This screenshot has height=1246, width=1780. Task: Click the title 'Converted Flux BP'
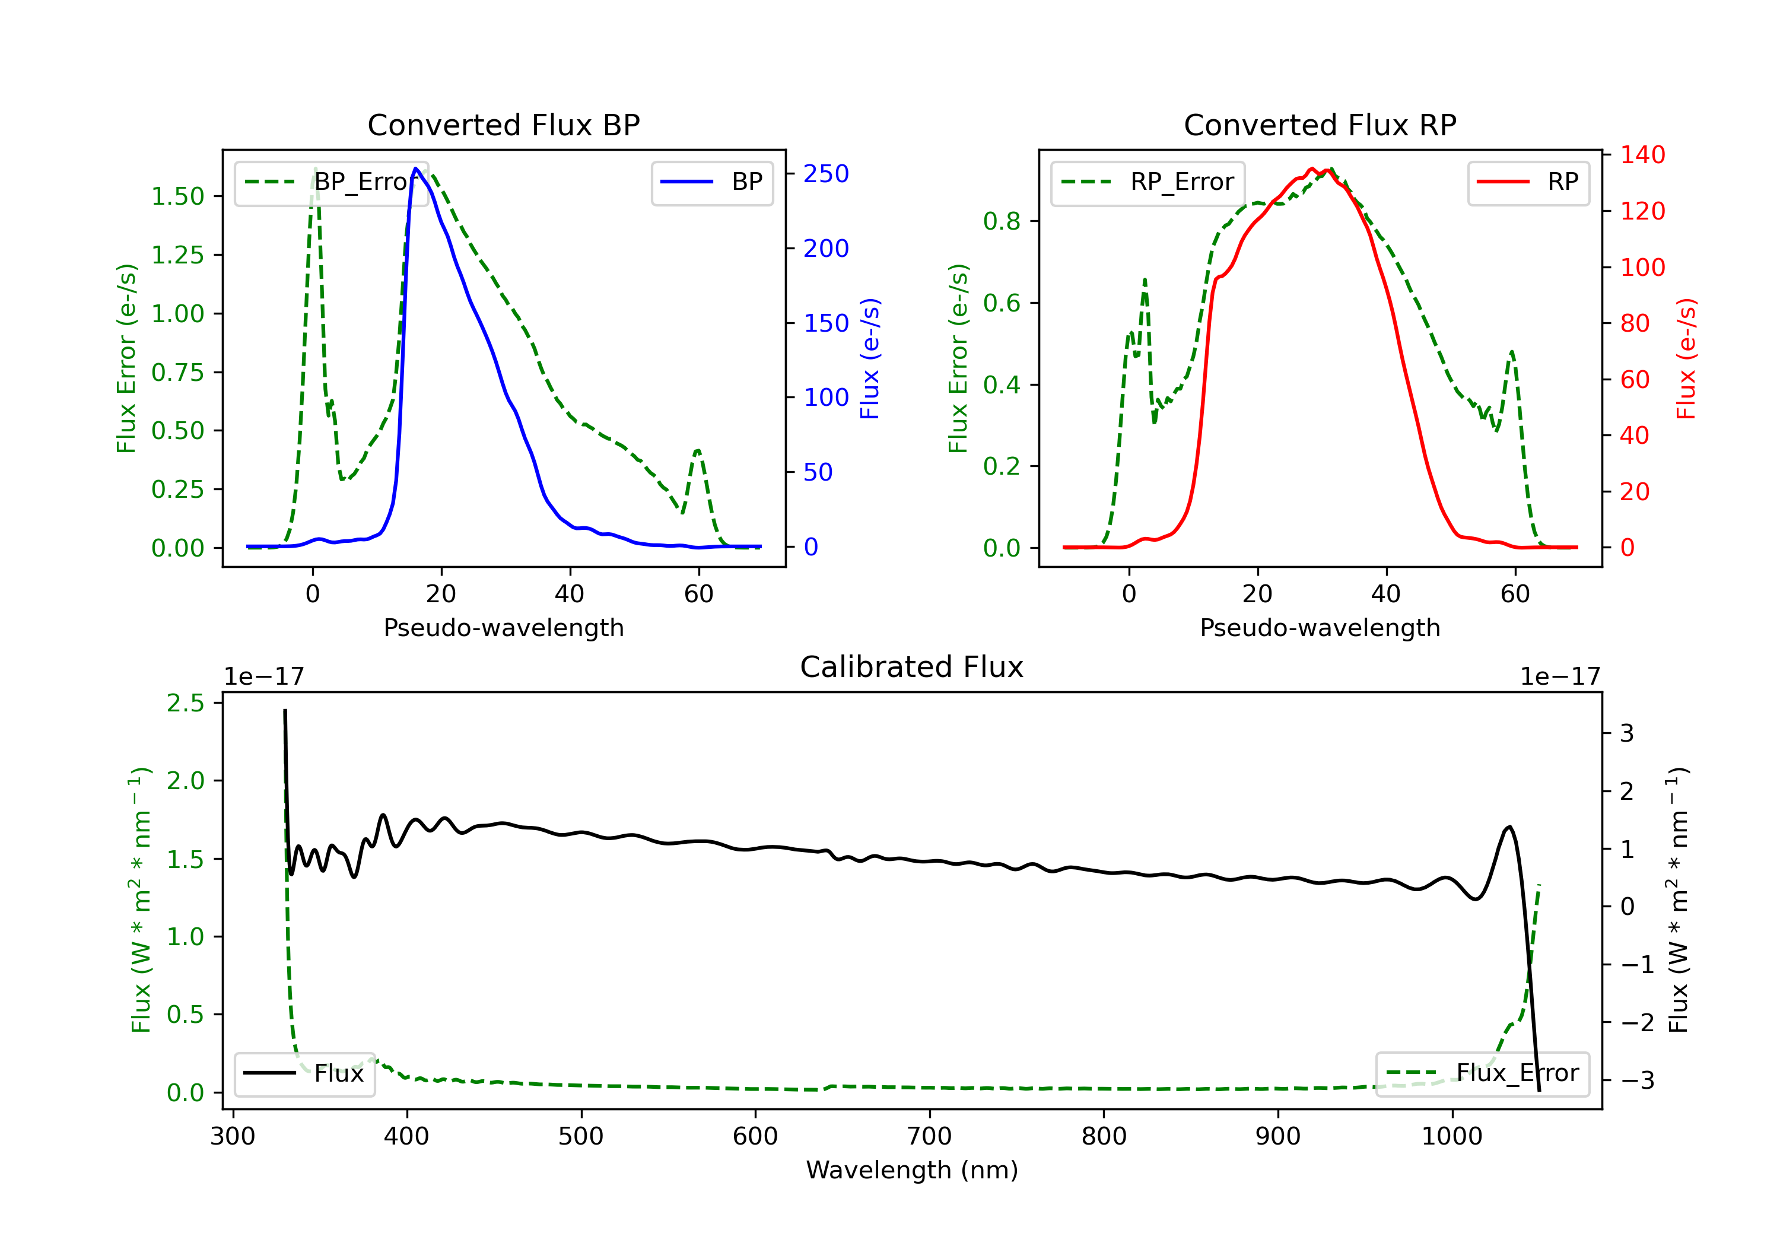click(504, 125)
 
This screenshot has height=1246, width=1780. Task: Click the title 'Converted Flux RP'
click(1320, 125)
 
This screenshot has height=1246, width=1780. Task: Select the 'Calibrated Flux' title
click(912, 667)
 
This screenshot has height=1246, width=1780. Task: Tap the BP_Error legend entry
click(332, 182)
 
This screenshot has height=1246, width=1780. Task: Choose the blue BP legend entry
click(711, 182)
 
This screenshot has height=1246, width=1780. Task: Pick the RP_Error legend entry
click(1148, 182)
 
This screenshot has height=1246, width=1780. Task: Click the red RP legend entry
click(1528, 182)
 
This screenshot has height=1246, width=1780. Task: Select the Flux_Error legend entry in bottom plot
click(1482, 1073)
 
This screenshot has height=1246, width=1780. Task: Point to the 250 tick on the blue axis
click(826, 174)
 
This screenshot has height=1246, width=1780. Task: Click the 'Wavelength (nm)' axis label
click(912, 1170)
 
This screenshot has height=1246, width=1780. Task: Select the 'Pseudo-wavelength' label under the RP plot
click(1320, 627)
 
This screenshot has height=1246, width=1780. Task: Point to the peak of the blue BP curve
click(417, 169)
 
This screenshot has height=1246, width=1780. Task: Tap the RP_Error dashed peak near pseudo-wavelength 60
click(1512, 352)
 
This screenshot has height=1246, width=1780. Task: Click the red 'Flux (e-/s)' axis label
click(1686, 358)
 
